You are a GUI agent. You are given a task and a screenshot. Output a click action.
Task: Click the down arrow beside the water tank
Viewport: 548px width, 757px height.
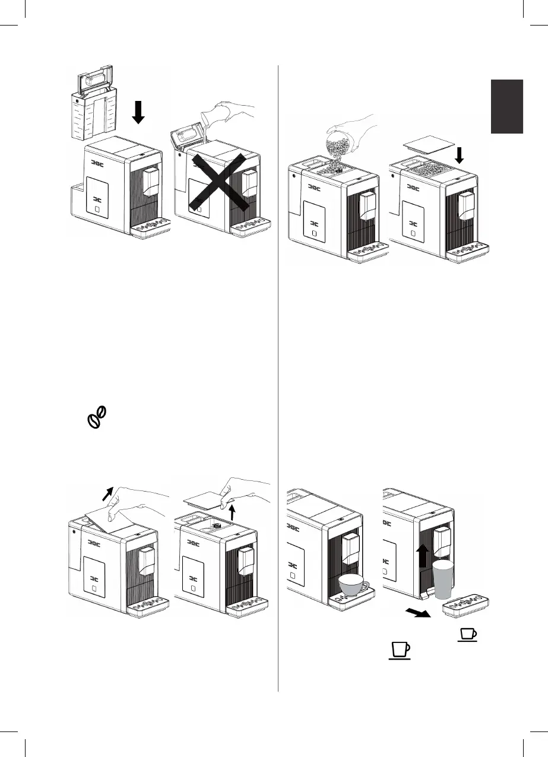[x=138, y=112]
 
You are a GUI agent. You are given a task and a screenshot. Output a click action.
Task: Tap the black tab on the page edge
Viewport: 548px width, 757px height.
[x=506, y=107]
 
